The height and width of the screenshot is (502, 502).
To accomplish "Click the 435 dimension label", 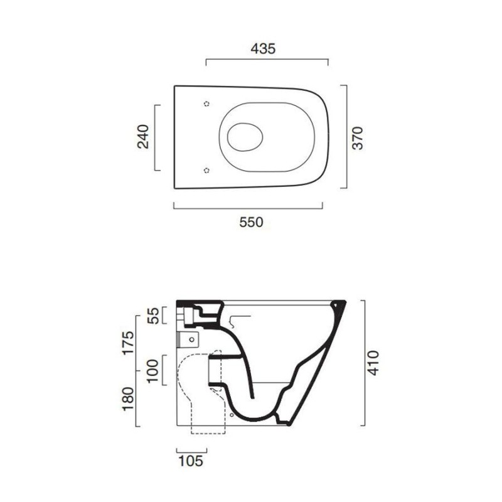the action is coord(263,49).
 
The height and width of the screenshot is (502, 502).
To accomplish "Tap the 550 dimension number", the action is coord(252,222).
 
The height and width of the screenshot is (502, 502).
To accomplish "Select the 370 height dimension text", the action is coord(358,138).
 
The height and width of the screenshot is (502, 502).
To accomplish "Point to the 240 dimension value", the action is coord(143,137).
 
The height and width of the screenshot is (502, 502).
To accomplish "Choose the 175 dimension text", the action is coord(128,343).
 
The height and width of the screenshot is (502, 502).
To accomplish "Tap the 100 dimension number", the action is coord(153,371).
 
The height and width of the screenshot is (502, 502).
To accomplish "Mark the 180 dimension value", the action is coord(128,399).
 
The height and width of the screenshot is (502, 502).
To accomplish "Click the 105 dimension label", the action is coord(191,461).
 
